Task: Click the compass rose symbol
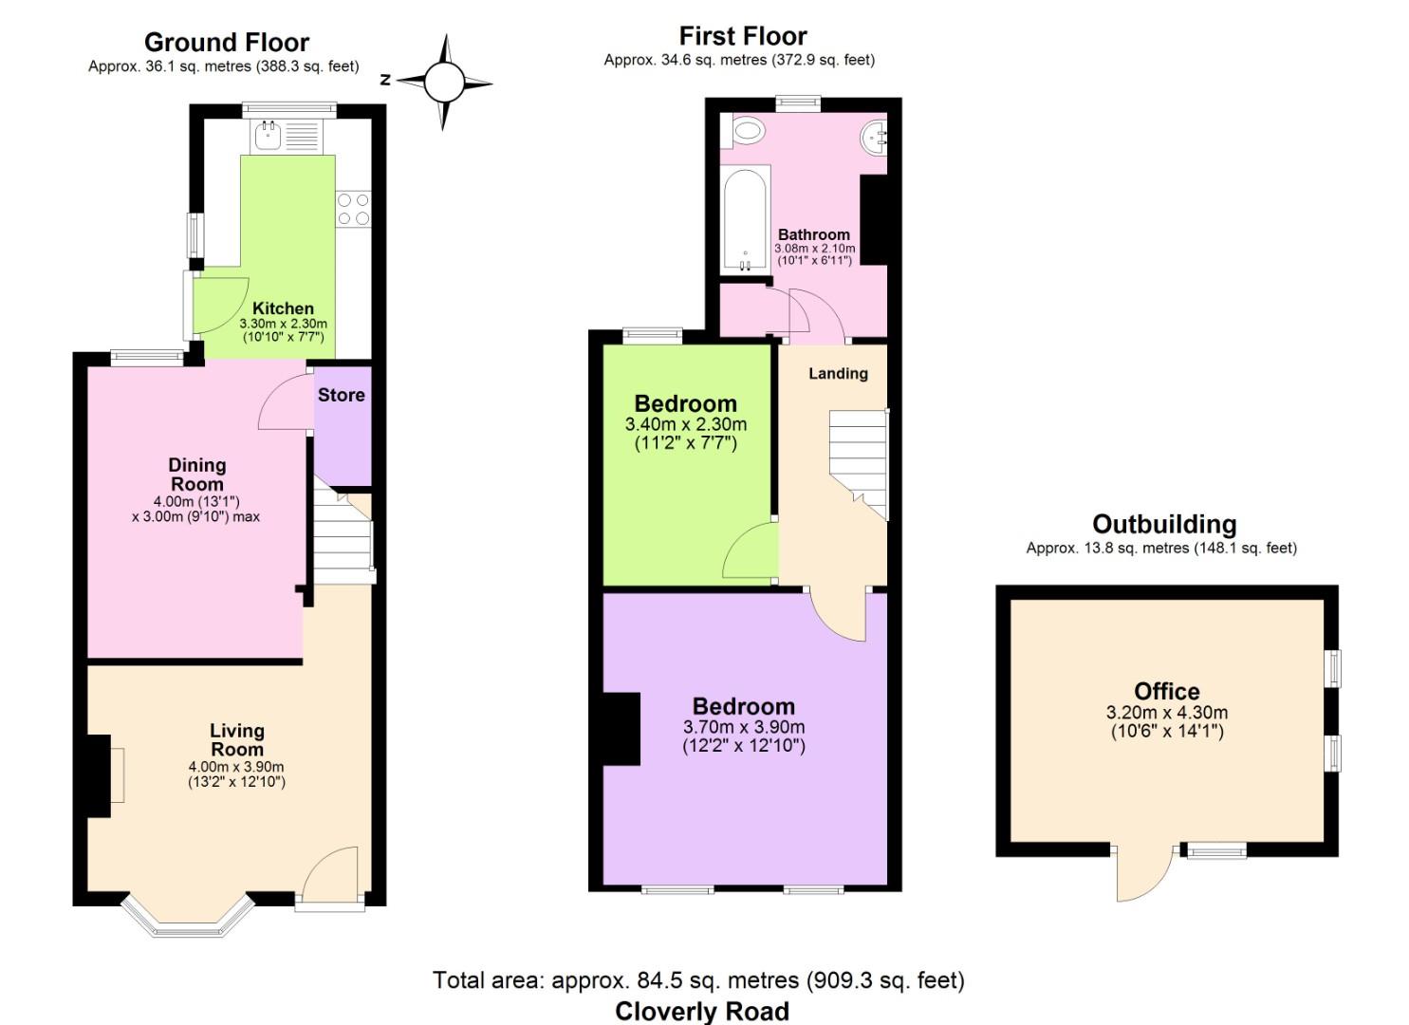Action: (445, 82)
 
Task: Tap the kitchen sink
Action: (269, 136)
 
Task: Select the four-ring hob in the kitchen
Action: (354, 210)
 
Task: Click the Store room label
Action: (341, 395)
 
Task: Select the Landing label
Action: (838, 374)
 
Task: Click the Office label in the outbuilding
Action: (1167, 692)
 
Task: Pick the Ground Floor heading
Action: (227, 43)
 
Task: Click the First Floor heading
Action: (743, 36)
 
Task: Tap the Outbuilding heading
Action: (1164, 524)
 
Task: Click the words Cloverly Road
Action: (702, 1011)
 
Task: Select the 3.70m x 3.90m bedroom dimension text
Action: (744, 727)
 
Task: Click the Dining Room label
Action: (197, 475)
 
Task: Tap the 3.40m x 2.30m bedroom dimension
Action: (686, 424)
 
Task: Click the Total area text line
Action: (698, 979)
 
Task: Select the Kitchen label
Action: (283, 308)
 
